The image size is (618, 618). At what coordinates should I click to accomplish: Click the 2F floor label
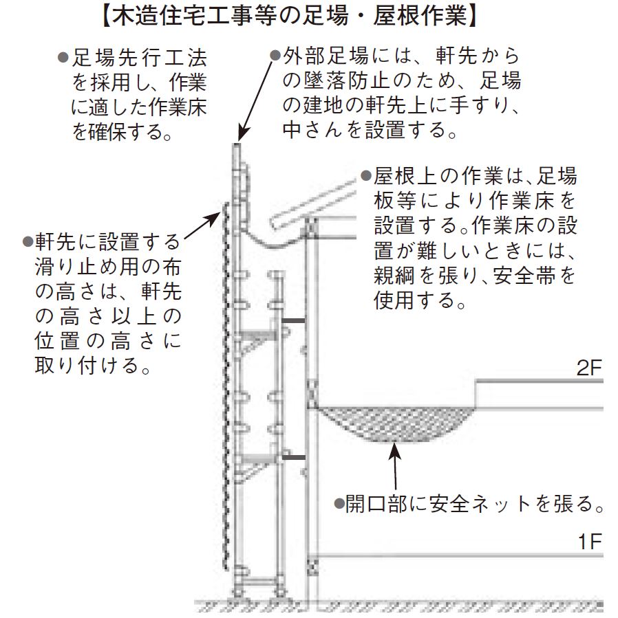588,368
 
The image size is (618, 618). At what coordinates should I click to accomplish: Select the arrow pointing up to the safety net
395,467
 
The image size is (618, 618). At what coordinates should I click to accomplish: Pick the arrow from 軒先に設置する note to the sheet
204,223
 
